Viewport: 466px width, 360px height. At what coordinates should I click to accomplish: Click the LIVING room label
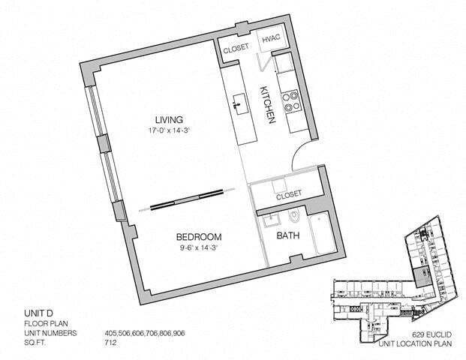[169, 120]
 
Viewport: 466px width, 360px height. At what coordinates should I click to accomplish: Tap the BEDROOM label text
[199, 237]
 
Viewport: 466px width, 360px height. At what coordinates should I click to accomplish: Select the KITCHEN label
[268, 104]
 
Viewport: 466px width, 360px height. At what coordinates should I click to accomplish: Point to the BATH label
[288, 235]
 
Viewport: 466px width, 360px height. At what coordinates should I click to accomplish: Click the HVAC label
[271, 38]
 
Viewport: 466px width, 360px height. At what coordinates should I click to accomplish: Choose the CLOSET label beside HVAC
[236, 49]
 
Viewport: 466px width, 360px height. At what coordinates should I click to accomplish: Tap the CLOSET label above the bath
[289, 195]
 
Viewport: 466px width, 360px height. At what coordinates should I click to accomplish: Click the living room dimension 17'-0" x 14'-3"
[169, 130]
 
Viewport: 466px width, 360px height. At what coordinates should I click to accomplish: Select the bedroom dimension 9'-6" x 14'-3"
[199, 247]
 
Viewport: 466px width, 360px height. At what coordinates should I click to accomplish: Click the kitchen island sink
[239, 104]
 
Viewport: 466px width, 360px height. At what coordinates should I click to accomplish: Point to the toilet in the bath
[294, 216]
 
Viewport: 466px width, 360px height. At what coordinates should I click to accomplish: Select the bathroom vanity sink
[272, 220]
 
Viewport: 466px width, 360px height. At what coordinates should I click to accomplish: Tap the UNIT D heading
[38, 313]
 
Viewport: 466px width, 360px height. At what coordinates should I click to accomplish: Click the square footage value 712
[110, 343]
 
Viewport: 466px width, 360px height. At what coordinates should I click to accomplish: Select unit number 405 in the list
[111, 333]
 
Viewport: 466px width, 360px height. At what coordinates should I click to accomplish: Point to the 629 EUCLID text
[431, 334]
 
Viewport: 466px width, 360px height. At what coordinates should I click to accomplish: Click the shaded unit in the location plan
[422, 277]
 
